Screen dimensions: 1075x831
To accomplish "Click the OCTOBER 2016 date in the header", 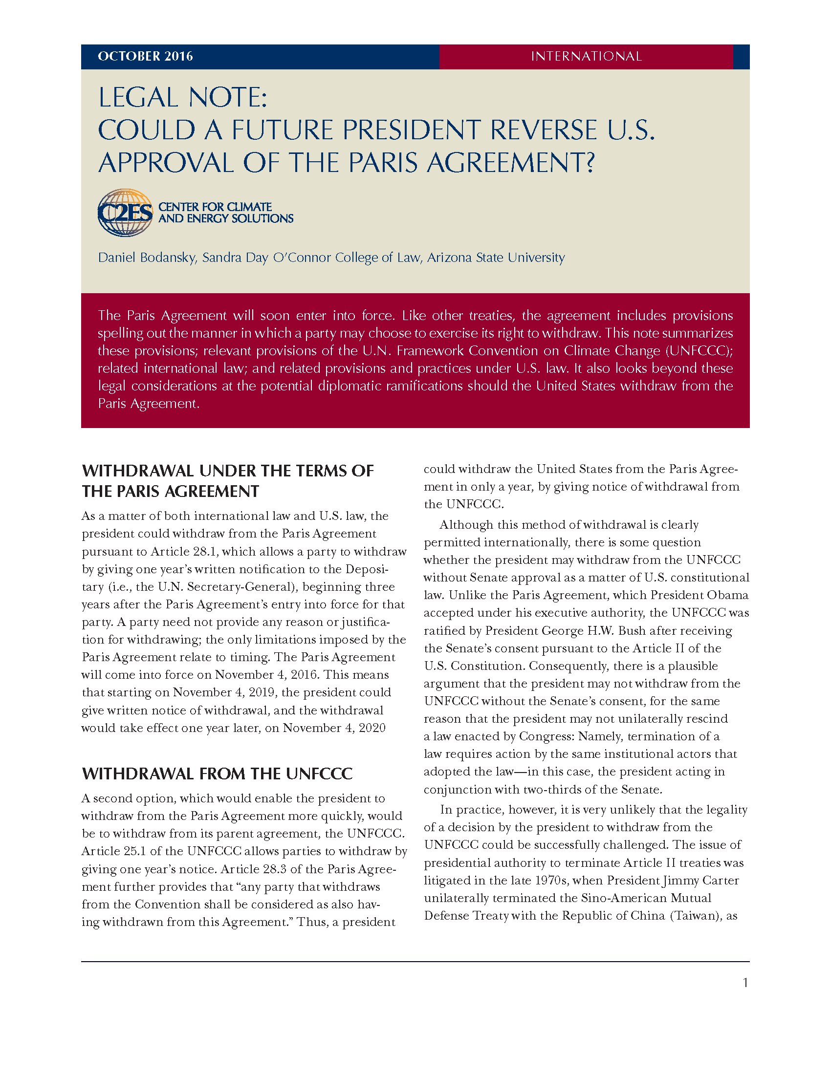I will tap(145, 57).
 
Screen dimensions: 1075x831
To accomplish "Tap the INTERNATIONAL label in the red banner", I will tap(586, 57).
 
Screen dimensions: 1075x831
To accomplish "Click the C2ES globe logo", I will tap(125, 213).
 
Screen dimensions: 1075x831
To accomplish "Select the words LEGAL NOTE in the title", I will tap(182, 97).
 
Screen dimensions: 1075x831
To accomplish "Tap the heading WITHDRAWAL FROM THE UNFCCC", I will tap(217, 774).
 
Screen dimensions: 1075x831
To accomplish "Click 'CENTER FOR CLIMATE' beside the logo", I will tap(215, 207).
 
